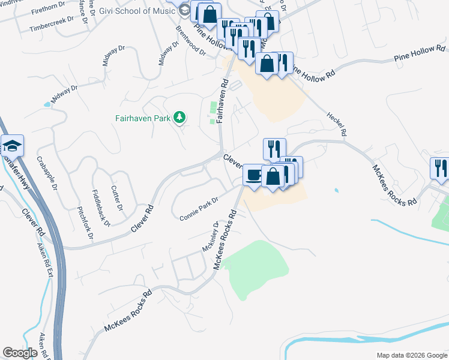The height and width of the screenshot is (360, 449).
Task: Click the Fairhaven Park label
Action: (x=143, y=118)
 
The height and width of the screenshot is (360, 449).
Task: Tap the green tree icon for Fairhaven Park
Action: (x=179, y=118)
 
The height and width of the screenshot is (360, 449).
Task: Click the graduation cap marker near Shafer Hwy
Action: (x=12, y=146)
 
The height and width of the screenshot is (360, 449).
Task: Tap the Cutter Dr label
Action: (x=116, y=198)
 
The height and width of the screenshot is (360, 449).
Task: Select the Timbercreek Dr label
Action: (x=53, y=19)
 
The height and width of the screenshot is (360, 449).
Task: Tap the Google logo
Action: (x=20, y=353)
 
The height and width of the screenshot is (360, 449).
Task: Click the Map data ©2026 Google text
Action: (x=411, y=355)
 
